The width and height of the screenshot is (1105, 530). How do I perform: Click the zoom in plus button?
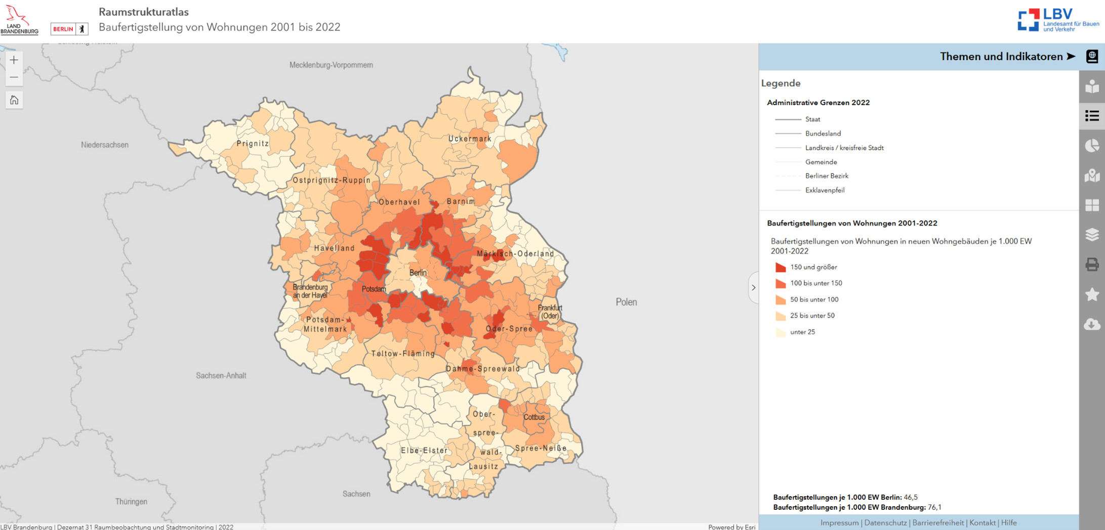pos(14,60)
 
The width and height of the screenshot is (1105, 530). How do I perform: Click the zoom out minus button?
pos(14,77)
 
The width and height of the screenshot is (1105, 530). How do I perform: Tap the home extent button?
pos(14,100)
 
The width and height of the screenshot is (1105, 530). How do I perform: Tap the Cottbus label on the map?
pos(534,417)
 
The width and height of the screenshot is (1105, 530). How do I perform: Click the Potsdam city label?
pos(374,289)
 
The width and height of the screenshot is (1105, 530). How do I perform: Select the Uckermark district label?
pos(470,139)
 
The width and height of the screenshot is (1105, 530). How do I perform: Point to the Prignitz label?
pos(253,144)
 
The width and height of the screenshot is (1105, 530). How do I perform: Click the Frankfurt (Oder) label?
pos(550,312)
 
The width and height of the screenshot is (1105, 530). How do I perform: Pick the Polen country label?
pos(626,302)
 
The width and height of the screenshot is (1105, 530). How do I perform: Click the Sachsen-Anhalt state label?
pos(221,376)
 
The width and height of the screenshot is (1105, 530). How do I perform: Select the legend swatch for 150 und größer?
pos(781,267)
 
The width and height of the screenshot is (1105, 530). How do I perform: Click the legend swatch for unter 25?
pos(781,332)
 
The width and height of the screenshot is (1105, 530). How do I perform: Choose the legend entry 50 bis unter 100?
pos(814,299)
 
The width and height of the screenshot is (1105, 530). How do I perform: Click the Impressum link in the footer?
pos(839,523)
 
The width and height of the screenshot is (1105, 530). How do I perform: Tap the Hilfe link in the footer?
pos(1009,523)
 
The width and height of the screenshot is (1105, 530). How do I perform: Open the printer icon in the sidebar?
pos(1092,264)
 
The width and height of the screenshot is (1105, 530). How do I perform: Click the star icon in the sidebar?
pos(1092,294)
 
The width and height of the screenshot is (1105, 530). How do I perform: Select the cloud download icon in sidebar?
pos(1092,324)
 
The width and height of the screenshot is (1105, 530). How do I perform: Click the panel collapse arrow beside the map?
pos(753,288)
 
